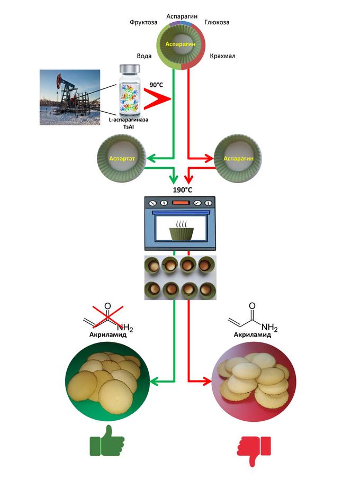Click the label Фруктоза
[143, 23]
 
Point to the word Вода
[145, 56]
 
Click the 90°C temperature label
[157, 85]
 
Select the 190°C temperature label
[182, 190]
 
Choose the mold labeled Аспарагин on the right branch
[238, 158]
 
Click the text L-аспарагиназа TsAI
[129, 123]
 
